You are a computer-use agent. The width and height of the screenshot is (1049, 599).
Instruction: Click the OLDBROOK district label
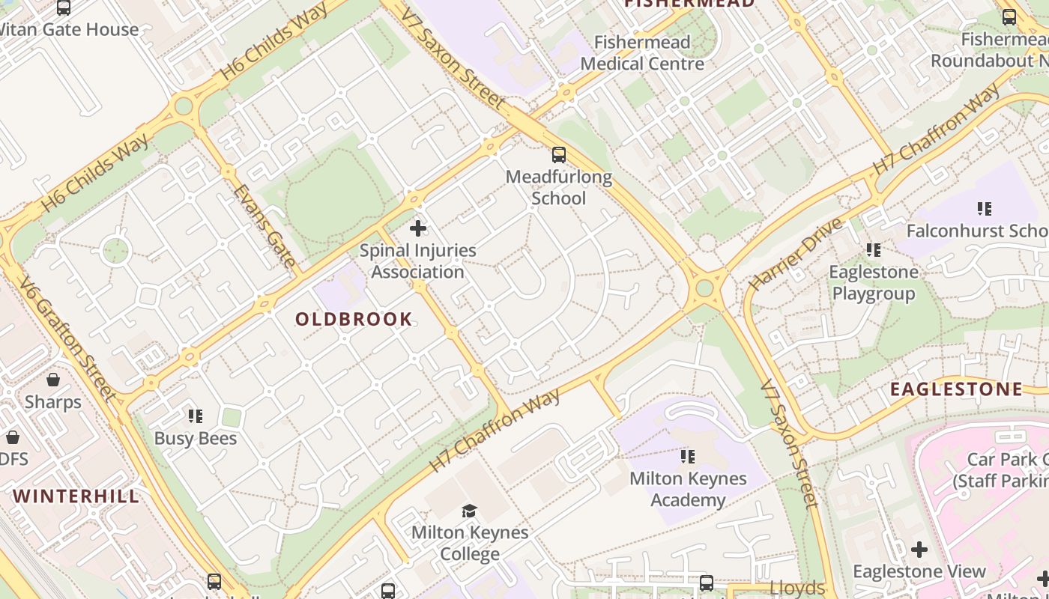point(354,320)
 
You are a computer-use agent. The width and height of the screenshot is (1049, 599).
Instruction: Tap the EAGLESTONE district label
point(956,389)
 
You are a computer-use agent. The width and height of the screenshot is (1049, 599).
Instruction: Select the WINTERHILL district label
point(76,496)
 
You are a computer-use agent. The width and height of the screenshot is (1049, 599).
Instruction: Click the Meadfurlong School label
point(559,188)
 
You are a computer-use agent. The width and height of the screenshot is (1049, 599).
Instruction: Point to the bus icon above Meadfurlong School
point(559,155)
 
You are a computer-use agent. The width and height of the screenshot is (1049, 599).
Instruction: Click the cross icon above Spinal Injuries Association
point(418,228)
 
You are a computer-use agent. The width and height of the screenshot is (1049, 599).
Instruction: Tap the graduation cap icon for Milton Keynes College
point(469,511)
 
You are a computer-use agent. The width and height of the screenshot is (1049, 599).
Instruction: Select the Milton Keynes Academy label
point(688,489)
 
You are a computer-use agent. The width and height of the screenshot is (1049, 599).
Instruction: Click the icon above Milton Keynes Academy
point(688,456)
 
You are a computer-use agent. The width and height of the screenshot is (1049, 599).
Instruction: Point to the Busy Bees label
point(196,439)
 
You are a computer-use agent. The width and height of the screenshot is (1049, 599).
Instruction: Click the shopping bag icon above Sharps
point(53,380)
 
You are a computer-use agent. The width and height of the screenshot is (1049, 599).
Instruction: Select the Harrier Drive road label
point(796,255)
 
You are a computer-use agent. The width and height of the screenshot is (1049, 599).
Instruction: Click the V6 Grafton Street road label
point(67,338)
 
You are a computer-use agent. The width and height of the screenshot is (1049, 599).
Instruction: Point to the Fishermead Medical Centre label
point(642,53)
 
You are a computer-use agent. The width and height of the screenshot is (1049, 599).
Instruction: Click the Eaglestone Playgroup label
point(874,282)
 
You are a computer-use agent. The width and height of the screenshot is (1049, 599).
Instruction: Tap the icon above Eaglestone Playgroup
point(874,249)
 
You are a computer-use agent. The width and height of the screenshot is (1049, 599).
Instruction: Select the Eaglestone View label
point(919,572)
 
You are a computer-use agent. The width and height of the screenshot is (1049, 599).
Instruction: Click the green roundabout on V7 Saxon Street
point(704,288)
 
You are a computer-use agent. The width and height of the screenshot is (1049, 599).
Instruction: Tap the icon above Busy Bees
point(196,416)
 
